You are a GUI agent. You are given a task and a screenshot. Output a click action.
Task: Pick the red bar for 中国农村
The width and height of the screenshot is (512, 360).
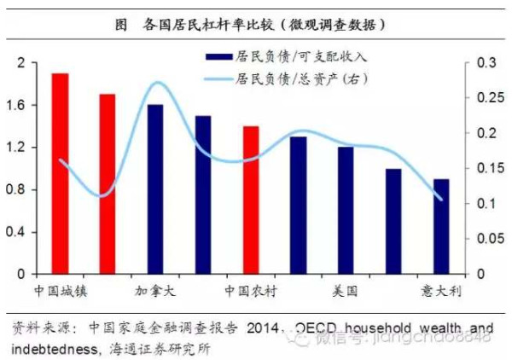[x=250, y=200]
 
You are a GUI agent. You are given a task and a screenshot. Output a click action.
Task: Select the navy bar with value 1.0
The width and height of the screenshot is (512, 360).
[x=393, y=221]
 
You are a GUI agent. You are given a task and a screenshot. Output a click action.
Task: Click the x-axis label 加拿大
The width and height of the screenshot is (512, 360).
[x=155, y=291]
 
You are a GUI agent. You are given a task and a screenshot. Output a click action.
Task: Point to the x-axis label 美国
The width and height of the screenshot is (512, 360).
[x=346, y=291]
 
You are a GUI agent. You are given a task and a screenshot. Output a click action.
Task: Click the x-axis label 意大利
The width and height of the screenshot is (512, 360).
[x=441, y=291]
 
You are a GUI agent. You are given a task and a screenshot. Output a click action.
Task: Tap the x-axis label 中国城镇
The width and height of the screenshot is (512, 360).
[x=60, y=291]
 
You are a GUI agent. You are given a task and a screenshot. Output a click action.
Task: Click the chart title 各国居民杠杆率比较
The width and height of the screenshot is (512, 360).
[x=256, y=24]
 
